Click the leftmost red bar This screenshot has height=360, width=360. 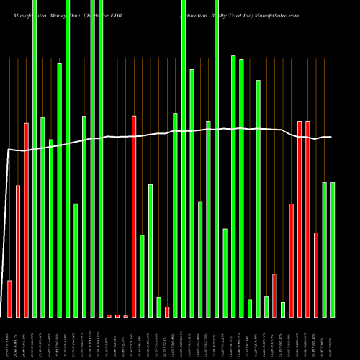pyautogui.click(x=9, y=299)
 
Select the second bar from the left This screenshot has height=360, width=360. pyautogui.click(x=18, y=251)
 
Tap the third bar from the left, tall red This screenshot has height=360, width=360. pyautogui.click(x=27, y=220)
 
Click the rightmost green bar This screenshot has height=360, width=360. pyautogui.click(x=333, y=249)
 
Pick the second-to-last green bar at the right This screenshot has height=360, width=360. pyautogui.click(x=324, y=249)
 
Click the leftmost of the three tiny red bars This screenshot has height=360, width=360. pyautogui.click(x=109, y=315)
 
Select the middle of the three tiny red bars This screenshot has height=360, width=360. pyautogui.click(x=117, y=315)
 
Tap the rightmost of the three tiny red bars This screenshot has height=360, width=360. pyautogui.click(x=125, y=316)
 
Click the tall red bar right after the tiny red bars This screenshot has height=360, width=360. pyautogui.click(x=134, y=216)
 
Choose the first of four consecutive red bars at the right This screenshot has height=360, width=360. pyautogui.click(x=291, y=260)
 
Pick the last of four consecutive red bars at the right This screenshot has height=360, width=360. pyautogui.click(x=316, y=274)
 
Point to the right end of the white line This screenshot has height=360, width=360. pyautogui.click(x=331, y=137)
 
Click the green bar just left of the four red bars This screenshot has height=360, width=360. pyautogui.click(x=283, y=310)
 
